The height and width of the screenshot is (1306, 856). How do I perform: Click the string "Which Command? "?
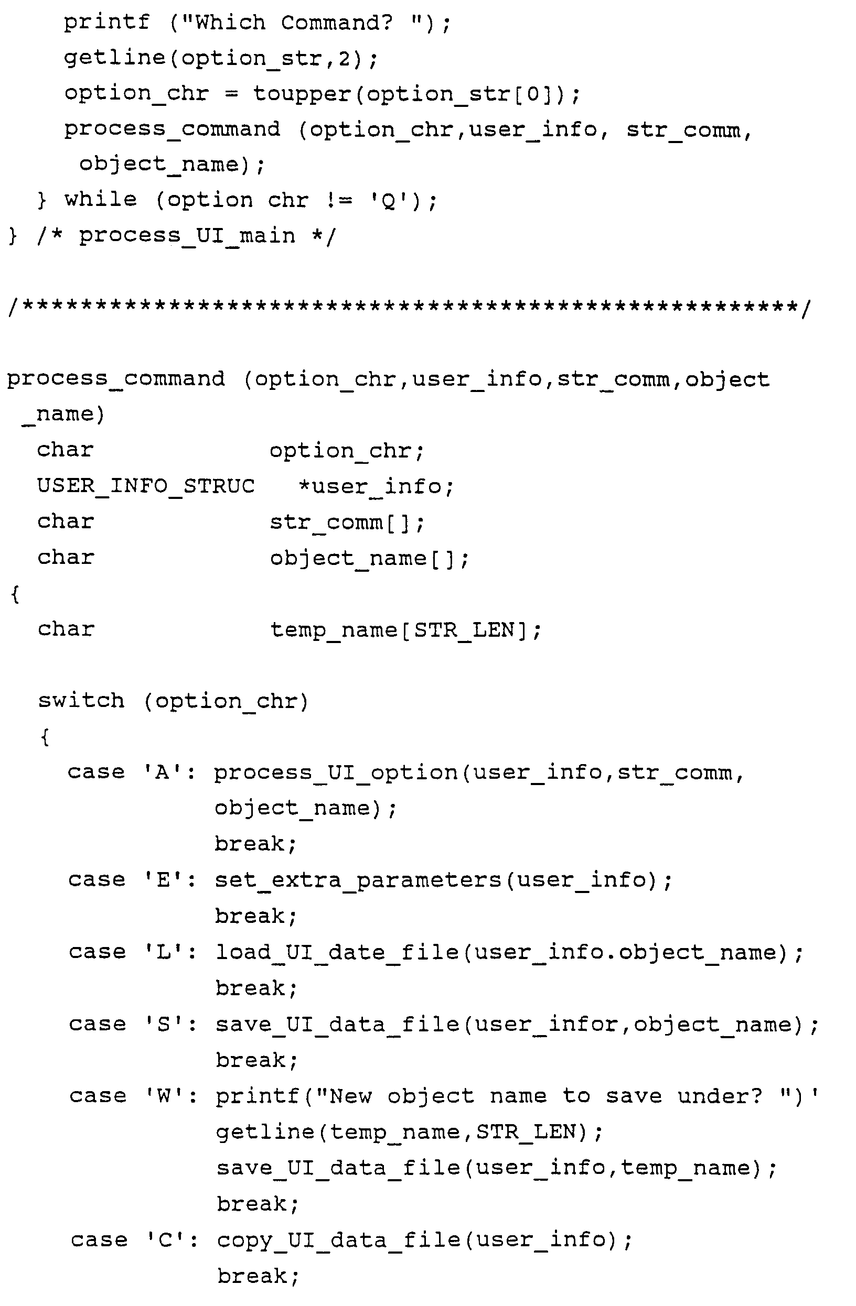pos(301,23)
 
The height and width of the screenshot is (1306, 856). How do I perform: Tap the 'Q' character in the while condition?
pos(389,201)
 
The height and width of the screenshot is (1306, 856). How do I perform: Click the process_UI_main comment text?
pos(187,236)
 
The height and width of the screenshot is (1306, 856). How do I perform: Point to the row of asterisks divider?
pos(409,306)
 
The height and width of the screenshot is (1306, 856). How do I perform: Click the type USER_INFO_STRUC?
pos(145,486)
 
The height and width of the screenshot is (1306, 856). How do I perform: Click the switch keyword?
pos(81,701)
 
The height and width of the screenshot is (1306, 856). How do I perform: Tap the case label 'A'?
pos(163,772)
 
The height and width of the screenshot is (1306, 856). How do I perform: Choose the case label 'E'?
pos(164,880)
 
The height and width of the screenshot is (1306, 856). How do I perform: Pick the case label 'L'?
pos(164,952)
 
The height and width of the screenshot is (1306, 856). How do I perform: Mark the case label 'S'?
pos(164,1024)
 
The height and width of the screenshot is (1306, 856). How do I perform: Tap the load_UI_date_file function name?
pos(337,952)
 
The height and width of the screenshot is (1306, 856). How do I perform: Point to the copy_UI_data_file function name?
pos(339,1240)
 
